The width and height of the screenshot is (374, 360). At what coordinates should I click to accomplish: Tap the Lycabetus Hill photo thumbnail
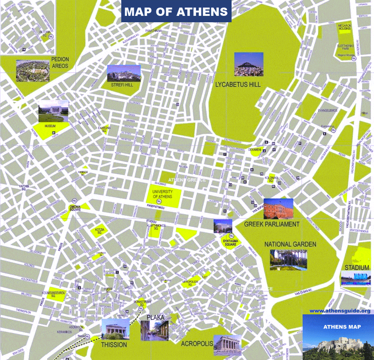click(249, 64)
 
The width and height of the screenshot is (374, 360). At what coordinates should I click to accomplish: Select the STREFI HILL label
click(122, 85)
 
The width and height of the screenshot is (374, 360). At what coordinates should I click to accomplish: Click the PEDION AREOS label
click(60, 63)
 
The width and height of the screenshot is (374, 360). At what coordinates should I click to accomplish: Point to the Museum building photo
click(53, 111)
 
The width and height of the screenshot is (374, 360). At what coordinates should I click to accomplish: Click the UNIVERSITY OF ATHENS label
click(162, 194)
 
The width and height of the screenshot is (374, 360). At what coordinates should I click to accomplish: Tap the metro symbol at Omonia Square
click(74, 200)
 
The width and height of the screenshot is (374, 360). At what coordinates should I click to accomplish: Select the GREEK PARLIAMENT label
click(272, 224)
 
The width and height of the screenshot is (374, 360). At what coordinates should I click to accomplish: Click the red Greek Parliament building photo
click(278, 209)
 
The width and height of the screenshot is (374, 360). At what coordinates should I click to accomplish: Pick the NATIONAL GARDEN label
click(290, 244)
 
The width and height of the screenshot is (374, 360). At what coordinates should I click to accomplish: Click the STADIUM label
click(357, 268)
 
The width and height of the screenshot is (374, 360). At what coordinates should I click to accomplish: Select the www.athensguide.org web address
click(340, 311)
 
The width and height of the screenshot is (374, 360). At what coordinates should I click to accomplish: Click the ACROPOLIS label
click(196, 344)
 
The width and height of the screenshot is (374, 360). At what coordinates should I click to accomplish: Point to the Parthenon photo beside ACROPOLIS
click(227, 345)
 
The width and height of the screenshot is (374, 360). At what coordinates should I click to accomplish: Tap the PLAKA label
click(156, 317)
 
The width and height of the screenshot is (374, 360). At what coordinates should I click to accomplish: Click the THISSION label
click(114, 345)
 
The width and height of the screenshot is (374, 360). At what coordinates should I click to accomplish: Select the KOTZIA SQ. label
click(100, 231)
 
